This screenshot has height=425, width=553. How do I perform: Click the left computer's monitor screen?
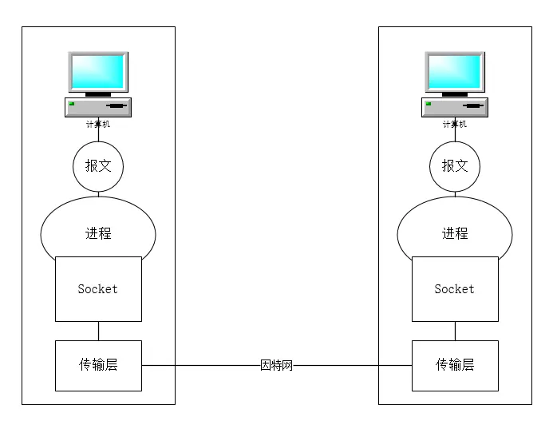coord(98,72)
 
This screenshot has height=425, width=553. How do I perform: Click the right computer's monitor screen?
coord(455,72)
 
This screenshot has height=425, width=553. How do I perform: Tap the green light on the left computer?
coord(72,104)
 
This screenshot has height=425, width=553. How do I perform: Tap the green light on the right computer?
coord(429,104)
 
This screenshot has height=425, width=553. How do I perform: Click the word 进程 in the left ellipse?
coord(98,233)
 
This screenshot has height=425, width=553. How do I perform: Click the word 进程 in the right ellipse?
coord(455,233)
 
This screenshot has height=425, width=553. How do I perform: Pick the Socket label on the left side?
coord(97,288)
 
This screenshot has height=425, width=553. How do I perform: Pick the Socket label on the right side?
coord(454,288)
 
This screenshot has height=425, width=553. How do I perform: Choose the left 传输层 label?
coord(98,364)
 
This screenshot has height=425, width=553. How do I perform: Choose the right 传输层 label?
coord(455,364)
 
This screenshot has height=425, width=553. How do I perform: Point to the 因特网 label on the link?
coord(276,365)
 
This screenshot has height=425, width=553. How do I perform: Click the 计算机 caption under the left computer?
coord(98,124)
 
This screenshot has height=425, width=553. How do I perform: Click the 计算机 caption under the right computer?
coord(455,124)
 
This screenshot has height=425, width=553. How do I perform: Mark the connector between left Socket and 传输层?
coord(98,331)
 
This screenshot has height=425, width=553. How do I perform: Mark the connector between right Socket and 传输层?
coord(455,331)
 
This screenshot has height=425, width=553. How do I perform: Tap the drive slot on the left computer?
coord(117,105)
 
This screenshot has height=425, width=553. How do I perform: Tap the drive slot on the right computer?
coord(473,105)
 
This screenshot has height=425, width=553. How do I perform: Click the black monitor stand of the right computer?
coord(455,94)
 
